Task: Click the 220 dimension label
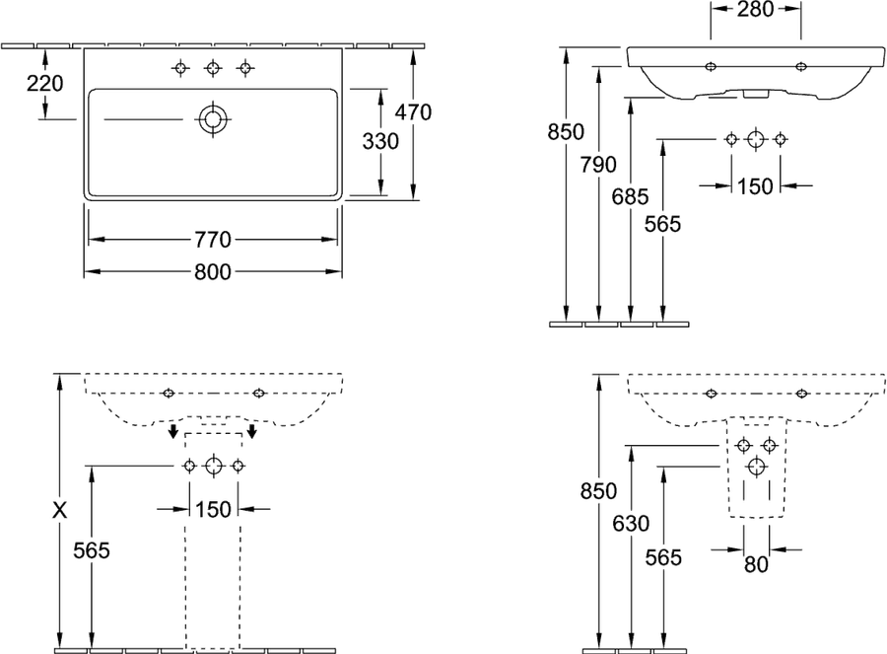point(45,83)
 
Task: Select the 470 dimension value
point(413,112)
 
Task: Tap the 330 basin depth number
point(380,141)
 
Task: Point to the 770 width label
point(213,240)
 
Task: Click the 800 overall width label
point(213,272)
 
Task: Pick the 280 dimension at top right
point(755,9)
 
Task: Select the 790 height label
point(598,165)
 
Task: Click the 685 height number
point(630,197)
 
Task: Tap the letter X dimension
point(59,510)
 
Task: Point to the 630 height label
point(631,524)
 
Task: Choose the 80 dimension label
point(756,564)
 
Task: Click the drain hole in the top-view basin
point(213,119)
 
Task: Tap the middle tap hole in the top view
point(213,68)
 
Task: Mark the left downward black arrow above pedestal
point(174,430)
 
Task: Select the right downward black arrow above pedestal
point(252,430)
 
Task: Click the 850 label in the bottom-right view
point(598,491)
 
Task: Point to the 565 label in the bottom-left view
point(92,549)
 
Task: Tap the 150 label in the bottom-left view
point(213,510)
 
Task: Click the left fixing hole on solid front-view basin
point(711,67)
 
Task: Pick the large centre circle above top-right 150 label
point(756,139)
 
